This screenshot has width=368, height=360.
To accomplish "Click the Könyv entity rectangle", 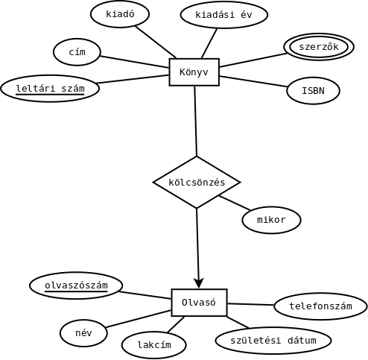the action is [x=194, y=72].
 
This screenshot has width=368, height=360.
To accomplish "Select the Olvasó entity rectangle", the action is [x=199, y=303].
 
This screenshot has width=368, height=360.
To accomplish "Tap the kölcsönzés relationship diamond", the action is [x=197, y=182].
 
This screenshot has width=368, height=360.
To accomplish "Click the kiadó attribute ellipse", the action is [x=120, y=14].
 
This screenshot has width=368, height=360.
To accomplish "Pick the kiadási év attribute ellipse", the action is [x=224, y=15].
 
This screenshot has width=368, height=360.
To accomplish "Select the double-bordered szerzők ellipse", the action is [x=319, y=47].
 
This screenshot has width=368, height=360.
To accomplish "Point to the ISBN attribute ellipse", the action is [x=313, y=91].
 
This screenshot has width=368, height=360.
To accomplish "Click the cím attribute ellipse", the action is [x=77, y=52].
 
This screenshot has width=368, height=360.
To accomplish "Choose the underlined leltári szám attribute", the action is [x=50, y=89].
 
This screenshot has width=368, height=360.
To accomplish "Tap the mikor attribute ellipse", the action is [x=271, y=220].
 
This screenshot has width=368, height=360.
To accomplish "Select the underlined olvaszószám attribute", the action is [x=76, y=285].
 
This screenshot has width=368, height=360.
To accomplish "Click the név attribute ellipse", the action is [x=83, y=333].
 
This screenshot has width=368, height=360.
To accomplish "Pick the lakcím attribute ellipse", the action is [x=154, y=345].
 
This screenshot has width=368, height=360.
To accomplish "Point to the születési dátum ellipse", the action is [x=273, y=341].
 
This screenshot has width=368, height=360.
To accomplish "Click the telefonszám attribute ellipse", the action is [x=320, y=306].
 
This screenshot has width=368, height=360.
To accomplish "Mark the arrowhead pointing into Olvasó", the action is [x=199, y=283].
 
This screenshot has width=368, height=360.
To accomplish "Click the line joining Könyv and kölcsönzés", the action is [x=196, y=121].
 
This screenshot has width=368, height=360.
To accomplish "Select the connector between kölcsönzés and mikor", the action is [x=235, y=203].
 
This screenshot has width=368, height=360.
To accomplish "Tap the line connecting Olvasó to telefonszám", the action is [x=250, y=304].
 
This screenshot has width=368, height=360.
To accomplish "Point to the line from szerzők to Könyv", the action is [x=253, y=60].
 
